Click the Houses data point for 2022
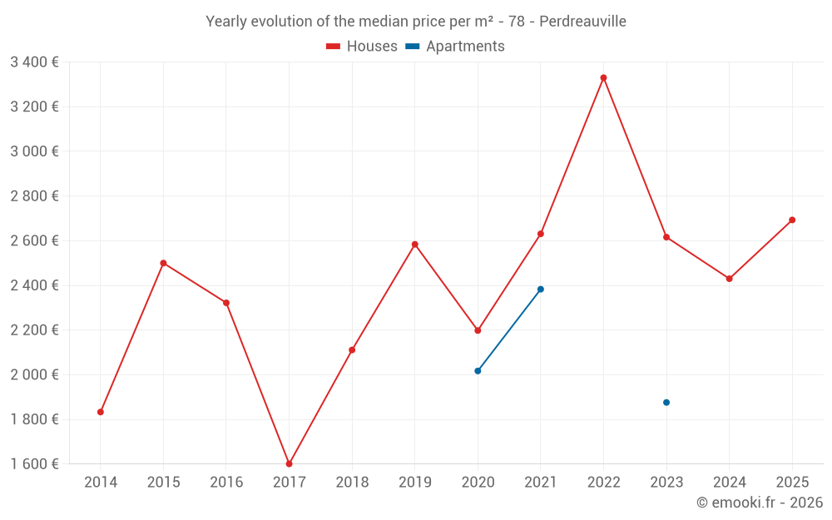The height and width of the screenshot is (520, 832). [603, 78]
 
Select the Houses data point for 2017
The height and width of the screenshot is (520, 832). [290, 463]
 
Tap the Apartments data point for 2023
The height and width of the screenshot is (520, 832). [666, 403]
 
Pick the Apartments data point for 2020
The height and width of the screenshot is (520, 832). [478, 371]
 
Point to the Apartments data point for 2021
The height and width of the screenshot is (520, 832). [541, 290]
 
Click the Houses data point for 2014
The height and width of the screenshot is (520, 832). [101, 413]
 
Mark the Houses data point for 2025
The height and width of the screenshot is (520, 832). [792, 220]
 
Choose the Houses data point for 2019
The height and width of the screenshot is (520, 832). [415, 245]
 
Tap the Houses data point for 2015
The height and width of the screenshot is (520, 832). [163, 263]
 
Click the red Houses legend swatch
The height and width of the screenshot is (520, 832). [334, 47]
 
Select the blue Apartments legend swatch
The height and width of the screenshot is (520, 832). [413, 47]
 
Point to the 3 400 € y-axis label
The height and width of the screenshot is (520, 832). [34, 62]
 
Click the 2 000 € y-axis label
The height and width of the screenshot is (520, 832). [34, 374]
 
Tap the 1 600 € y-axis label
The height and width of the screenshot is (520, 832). [34, 463]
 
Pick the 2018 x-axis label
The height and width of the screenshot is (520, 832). [352, 482]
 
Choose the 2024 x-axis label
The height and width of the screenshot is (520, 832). [730, 482]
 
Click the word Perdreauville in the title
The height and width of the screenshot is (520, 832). [582, 22]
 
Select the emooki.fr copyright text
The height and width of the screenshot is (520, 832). [760, 502]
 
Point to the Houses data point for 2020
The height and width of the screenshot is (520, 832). [478, 330]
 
